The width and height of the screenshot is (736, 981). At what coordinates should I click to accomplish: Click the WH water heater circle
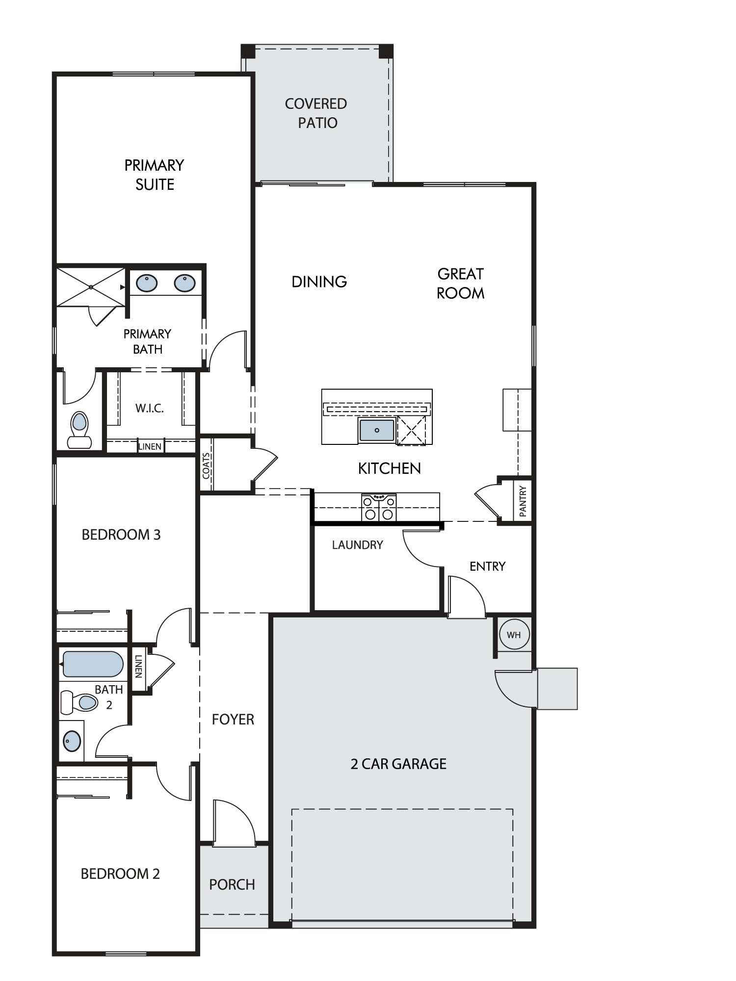514,635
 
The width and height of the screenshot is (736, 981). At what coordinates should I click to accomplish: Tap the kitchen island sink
377,430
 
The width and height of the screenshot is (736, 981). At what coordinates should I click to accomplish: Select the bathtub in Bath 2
93,664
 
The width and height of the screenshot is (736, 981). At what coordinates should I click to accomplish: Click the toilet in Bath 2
79,702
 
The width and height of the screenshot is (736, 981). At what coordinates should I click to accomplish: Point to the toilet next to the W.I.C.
79,430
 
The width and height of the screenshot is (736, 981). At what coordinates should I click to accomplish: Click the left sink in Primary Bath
147,283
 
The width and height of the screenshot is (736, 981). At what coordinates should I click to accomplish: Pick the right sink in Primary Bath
184,283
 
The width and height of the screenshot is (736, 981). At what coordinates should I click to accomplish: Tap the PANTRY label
523,501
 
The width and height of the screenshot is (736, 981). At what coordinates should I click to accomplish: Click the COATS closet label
207,465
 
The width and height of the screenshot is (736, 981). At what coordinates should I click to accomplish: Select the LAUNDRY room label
357,545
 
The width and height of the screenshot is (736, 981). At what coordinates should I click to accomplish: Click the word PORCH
232,884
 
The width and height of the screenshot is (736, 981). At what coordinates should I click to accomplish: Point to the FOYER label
233,719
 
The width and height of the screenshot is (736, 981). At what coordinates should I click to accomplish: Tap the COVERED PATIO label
316,113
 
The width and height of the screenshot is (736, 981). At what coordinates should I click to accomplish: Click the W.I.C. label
150,408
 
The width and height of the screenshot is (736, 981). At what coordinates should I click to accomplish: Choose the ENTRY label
487,567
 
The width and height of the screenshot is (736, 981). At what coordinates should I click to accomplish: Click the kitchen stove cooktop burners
379,507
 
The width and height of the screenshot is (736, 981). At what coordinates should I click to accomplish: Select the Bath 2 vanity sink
72,741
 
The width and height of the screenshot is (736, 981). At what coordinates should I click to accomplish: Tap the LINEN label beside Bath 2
138,666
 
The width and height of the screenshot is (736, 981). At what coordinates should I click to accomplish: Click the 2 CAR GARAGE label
398,764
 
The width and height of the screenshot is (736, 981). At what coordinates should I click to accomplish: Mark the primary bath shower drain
91,287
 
